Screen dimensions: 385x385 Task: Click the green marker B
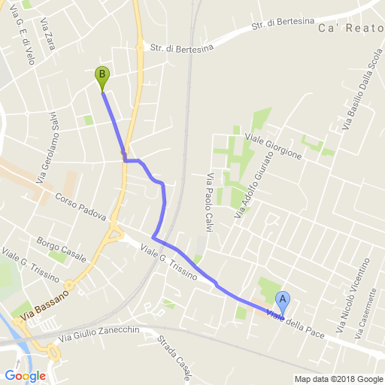(x=102, y=76)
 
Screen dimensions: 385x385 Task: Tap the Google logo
(x=25, y=375)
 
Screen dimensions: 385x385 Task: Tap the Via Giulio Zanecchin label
(x=103, y=331)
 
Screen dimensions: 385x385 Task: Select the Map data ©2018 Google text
(x=338, y=379)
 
